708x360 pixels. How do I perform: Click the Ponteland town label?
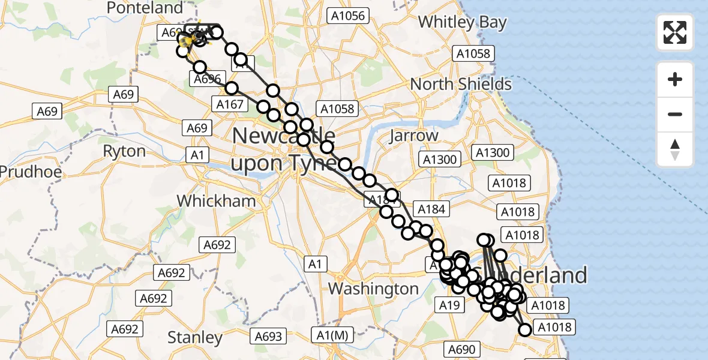click(x=144, y=8)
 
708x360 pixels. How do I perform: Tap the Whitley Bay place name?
click(x=462, y=22)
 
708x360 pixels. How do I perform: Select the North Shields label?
click(x=461, y=84)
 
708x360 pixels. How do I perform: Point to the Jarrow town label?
click(x=413, y=136)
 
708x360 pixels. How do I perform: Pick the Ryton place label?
click(x=124, y=151)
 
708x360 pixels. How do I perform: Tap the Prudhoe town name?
click(x=30, y=172)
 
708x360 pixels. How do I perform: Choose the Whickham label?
click(x=217, y=201)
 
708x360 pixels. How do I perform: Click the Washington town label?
click(x=373, y=289)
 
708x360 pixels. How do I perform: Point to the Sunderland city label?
click(x=540, y=275)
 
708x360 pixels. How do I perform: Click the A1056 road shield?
click(x=347, y=16)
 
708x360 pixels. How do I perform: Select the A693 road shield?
click(x=268, y=336)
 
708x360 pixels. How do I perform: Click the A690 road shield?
click(x=461, y=349)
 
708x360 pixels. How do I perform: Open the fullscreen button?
click(x=675, y=32)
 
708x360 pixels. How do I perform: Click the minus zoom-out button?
click(x=675, y=114)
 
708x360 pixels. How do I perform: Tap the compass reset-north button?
click(x=675, y=149)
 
